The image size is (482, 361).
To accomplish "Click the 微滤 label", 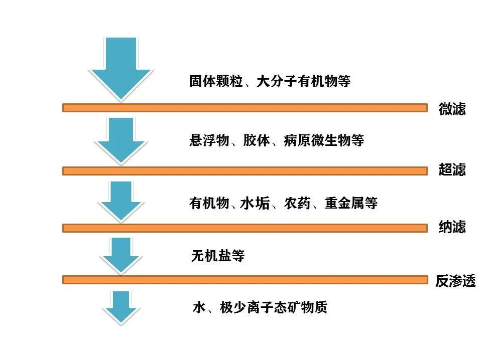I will click(452, 109).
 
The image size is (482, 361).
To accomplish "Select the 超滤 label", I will click(452, 170).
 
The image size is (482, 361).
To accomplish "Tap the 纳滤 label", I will click(452, 227).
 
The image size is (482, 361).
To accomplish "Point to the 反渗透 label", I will click(455, 281).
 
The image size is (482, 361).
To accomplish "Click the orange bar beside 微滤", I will click(245, 107).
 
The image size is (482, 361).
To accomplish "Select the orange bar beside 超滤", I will click(245, 171).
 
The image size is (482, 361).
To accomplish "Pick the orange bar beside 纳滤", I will click(245, 228).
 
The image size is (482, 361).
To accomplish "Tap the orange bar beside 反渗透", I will click(245, 279).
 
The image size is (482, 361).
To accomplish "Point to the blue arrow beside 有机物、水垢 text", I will click(120, 201).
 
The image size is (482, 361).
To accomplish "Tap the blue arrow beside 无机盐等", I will click(120, 255).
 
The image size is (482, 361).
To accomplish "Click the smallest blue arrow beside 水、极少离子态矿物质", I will click(120, 307).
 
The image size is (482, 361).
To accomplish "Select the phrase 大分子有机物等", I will click(303, 82).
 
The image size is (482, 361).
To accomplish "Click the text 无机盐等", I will click(217, 256).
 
